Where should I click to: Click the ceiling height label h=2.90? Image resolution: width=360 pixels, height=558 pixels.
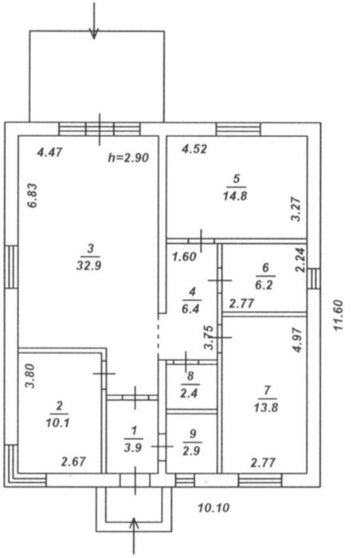(128, 158)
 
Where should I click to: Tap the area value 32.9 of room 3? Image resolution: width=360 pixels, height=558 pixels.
(89, 265)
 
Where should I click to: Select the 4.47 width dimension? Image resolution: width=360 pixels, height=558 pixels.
(50, 152)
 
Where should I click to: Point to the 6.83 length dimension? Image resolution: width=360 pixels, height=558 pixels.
(32, 195)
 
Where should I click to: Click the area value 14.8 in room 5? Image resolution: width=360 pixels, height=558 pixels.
(235, 195)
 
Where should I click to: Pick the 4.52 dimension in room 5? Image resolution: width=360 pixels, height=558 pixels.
(194, 148)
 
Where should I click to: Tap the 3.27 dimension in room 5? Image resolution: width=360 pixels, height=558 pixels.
(296, 210)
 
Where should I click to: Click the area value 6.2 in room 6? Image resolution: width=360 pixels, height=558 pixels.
(264, 285)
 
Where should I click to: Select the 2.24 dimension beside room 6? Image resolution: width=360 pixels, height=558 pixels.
(300, 260)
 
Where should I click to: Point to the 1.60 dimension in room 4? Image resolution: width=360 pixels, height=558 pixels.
(184, 256)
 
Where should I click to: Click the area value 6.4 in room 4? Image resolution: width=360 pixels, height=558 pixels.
(190, 308)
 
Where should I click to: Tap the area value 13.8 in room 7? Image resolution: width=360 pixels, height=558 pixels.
(266, 407)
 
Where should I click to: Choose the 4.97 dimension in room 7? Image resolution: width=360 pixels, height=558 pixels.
(297, 340)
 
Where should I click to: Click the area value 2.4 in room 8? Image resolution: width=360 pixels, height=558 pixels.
(190, 393)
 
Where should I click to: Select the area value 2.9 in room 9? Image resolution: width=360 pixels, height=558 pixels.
(191, 451)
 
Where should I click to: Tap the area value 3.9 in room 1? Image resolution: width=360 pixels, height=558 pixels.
(133, 448)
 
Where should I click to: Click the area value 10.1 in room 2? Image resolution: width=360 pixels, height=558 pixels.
(57, 422)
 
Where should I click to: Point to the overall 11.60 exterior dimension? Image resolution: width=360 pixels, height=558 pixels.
(338, 316)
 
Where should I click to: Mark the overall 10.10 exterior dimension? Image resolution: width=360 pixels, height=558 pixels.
(213, 508)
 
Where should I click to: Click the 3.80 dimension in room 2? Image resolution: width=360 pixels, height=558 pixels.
(30, 375)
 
